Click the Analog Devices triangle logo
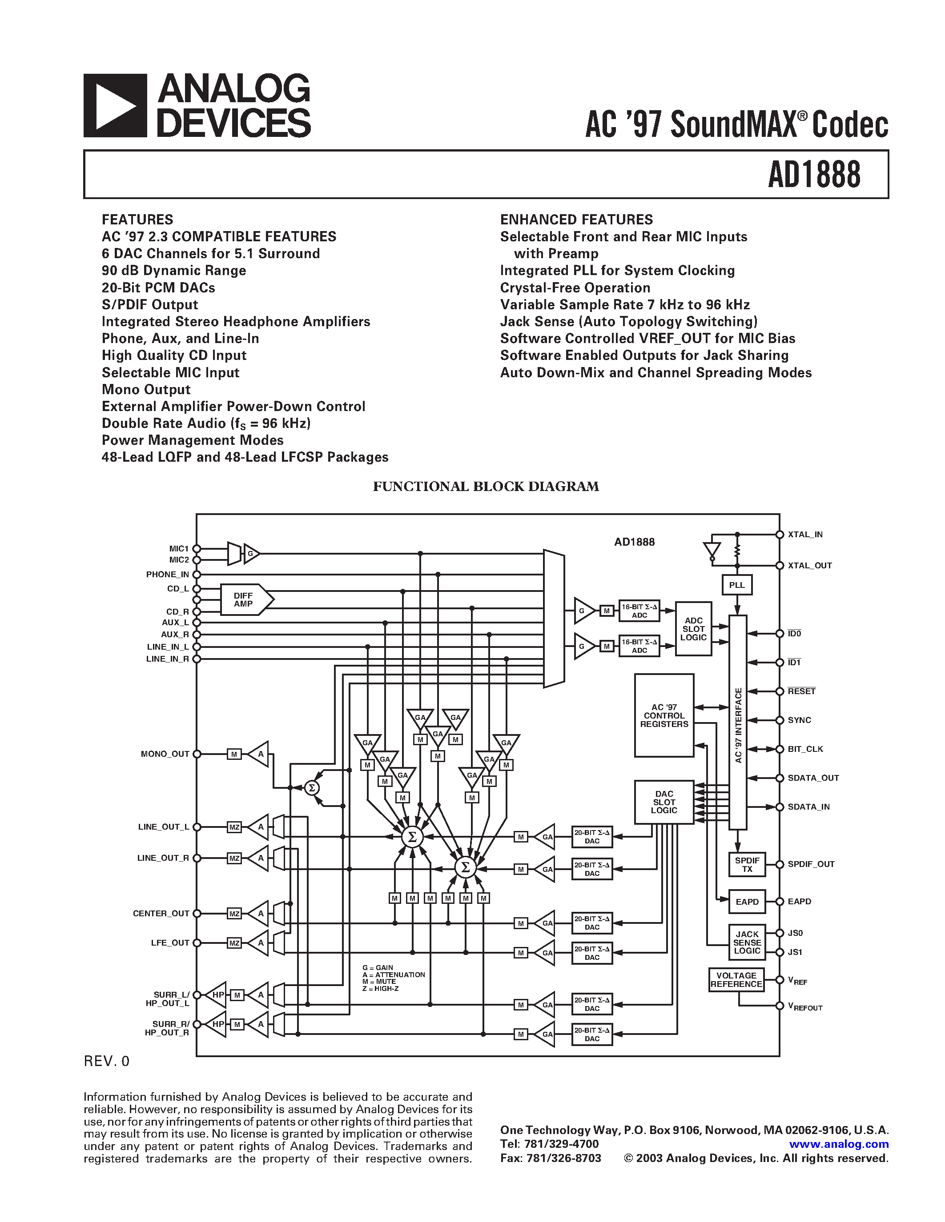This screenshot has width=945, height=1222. (115, 106)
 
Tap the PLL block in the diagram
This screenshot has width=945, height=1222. (737, 585)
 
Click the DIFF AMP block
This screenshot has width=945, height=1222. (244, 600)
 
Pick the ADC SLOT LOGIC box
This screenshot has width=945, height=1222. (693, 629)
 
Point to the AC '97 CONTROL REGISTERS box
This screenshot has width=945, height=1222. (664, 715)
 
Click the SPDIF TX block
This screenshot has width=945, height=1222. (747, 864)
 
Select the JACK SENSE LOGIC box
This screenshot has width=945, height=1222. (747, 942)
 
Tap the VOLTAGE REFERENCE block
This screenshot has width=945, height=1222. (736, 980)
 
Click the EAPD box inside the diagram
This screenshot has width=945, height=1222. (747, 902)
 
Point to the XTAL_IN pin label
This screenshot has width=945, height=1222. (805, 534)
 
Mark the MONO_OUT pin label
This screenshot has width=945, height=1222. (165, 754)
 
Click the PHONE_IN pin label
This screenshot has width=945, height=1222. (167, 575)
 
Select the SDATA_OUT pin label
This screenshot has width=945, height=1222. (813, 778)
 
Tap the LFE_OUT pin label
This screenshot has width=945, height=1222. (170, 943)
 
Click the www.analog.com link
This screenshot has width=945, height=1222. (839, 1144)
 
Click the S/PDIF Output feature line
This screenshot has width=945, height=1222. (150, 305)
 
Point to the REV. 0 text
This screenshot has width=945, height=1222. (106, 1062)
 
